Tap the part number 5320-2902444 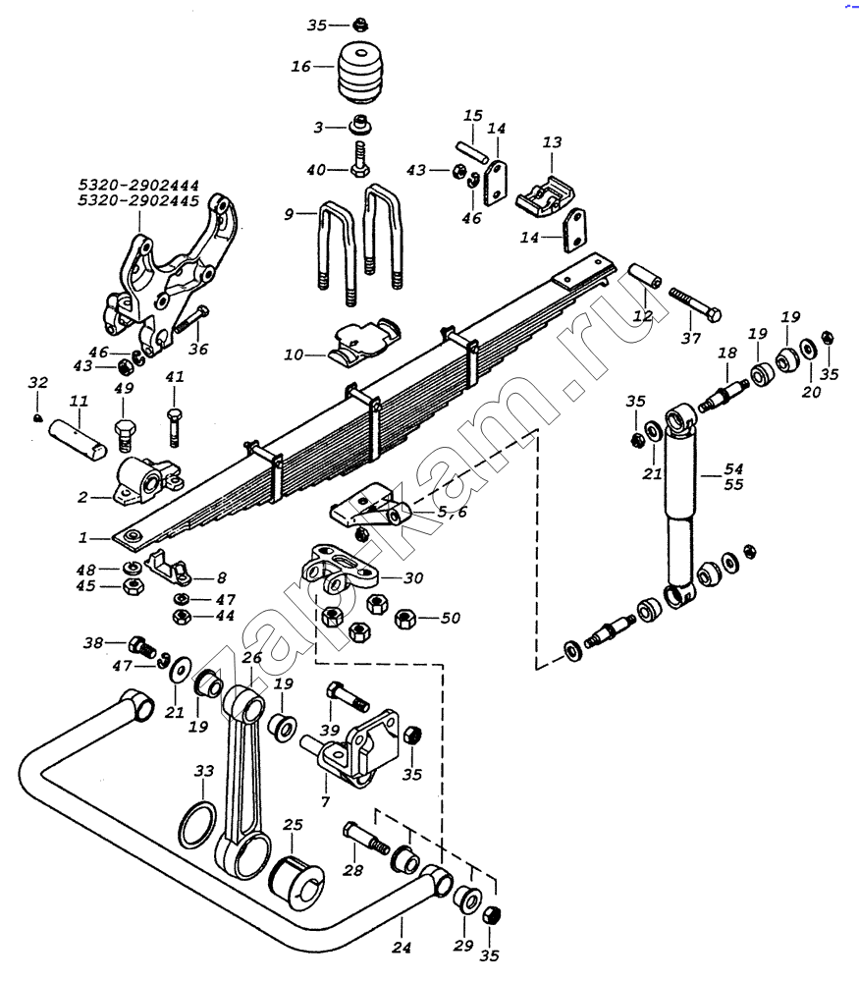(x=138, y=186)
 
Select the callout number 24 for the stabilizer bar (x=402, y=947)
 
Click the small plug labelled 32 (x=38, y=418)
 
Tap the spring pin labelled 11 (x=79, y=439)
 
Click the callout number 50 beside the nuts (x=451, y=618)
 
